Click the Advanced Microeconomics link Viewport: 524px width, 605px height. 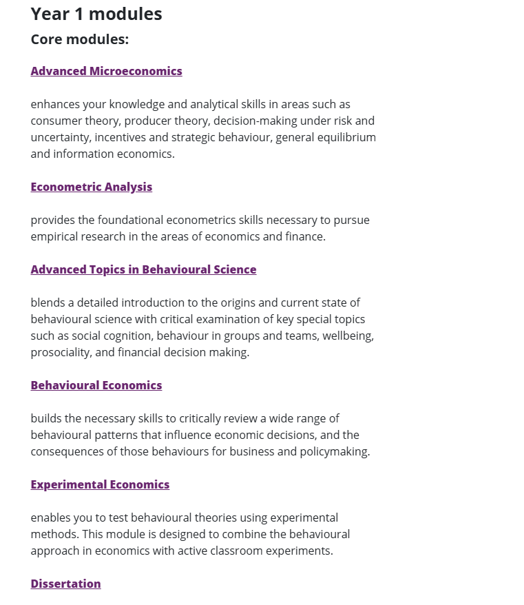pyautogui.click(x=106, y=71)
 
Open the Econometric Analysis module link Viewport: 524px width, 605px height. pyautogui.click(x=91, y=187)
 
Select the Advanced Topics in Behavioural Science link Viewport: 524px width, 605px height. pyautogui.click(x=143, y=269)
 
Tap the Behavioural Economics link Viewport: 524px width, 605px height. pyautogui.click(x=96, y=385)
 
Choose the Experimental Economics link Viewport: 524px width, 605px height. pyautogui.click(x=100, y=484)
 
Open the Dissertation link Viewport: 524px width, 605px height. pyautogui.click(x=65, y=584)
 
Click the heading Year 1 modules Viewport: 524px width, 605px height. pyautogui.click(x=96, y=14)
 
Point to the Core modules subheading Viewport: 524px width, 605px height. pyautogui.click(x=80, y=39)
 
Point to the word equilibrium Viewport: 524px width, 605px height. pyautogui.click(x=347, y=137)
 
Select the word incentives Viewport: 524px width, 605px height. pyautogui.click(x=120, y=137)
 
